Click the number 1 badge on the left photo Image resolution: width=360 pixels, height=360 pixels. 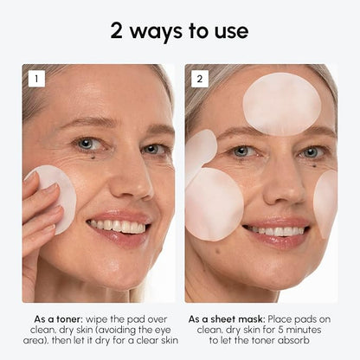coord(35,79)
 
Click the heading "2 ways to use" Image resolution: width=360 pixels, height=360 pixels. coord(179,31)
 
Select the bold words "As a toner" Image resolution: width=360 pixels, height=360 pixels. coord(55,318)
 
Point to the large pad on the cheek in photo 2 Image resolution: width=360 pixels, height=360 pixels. coord(215,204)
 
